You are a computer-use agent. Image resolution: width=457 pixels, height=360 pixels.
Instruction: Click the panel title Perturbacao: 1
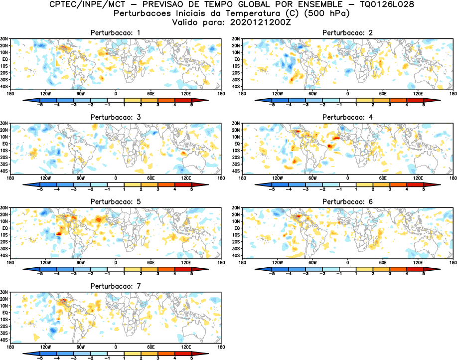point(115,32)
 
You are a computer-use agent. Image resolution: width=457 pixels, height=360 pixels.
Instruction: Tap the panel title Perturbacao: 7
point(115,286)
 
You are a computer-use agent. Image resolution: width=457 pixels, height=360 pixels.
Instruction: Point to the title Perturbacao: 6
point(347,201)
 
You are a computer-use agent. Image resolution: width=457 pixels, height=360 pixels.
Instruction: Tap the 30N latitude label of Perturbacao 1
point(4,39)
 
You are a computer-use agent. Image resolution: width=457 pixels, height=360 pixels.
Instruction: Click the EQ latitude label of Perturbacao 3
point(5,144)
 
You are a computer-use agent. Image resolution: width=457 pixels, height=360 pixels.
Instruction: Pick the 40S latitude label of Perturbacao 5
point(4,255)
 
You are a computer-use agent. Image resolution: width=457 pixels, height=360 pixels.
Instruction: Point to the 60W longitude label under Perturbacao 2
point(312,93)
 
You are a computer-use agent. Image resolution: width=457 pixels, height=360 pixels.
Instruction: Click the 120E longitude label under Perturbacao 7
point(186,347)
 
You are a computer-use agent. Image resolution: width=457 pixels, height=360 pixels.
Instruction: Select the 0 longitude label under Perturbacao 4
point(347,178)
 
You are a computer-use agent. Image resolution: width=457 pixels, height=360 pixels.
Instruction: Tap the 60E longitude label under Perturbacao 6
point(383,262)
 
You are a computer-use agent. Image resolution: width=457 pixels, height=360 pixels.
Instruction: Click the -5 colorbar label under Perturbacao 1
point(40,105)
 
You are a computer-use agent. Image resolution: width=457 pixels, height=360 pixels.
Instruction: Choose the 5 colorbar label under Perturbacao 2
point(423,105)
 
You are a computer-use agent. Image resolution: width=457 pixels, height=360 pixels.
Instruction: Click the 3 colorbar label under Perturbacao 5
point(157,274)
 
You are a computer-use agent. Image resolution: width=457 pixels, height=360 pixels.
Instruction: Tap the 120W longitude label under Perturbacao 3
point(45,178)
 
